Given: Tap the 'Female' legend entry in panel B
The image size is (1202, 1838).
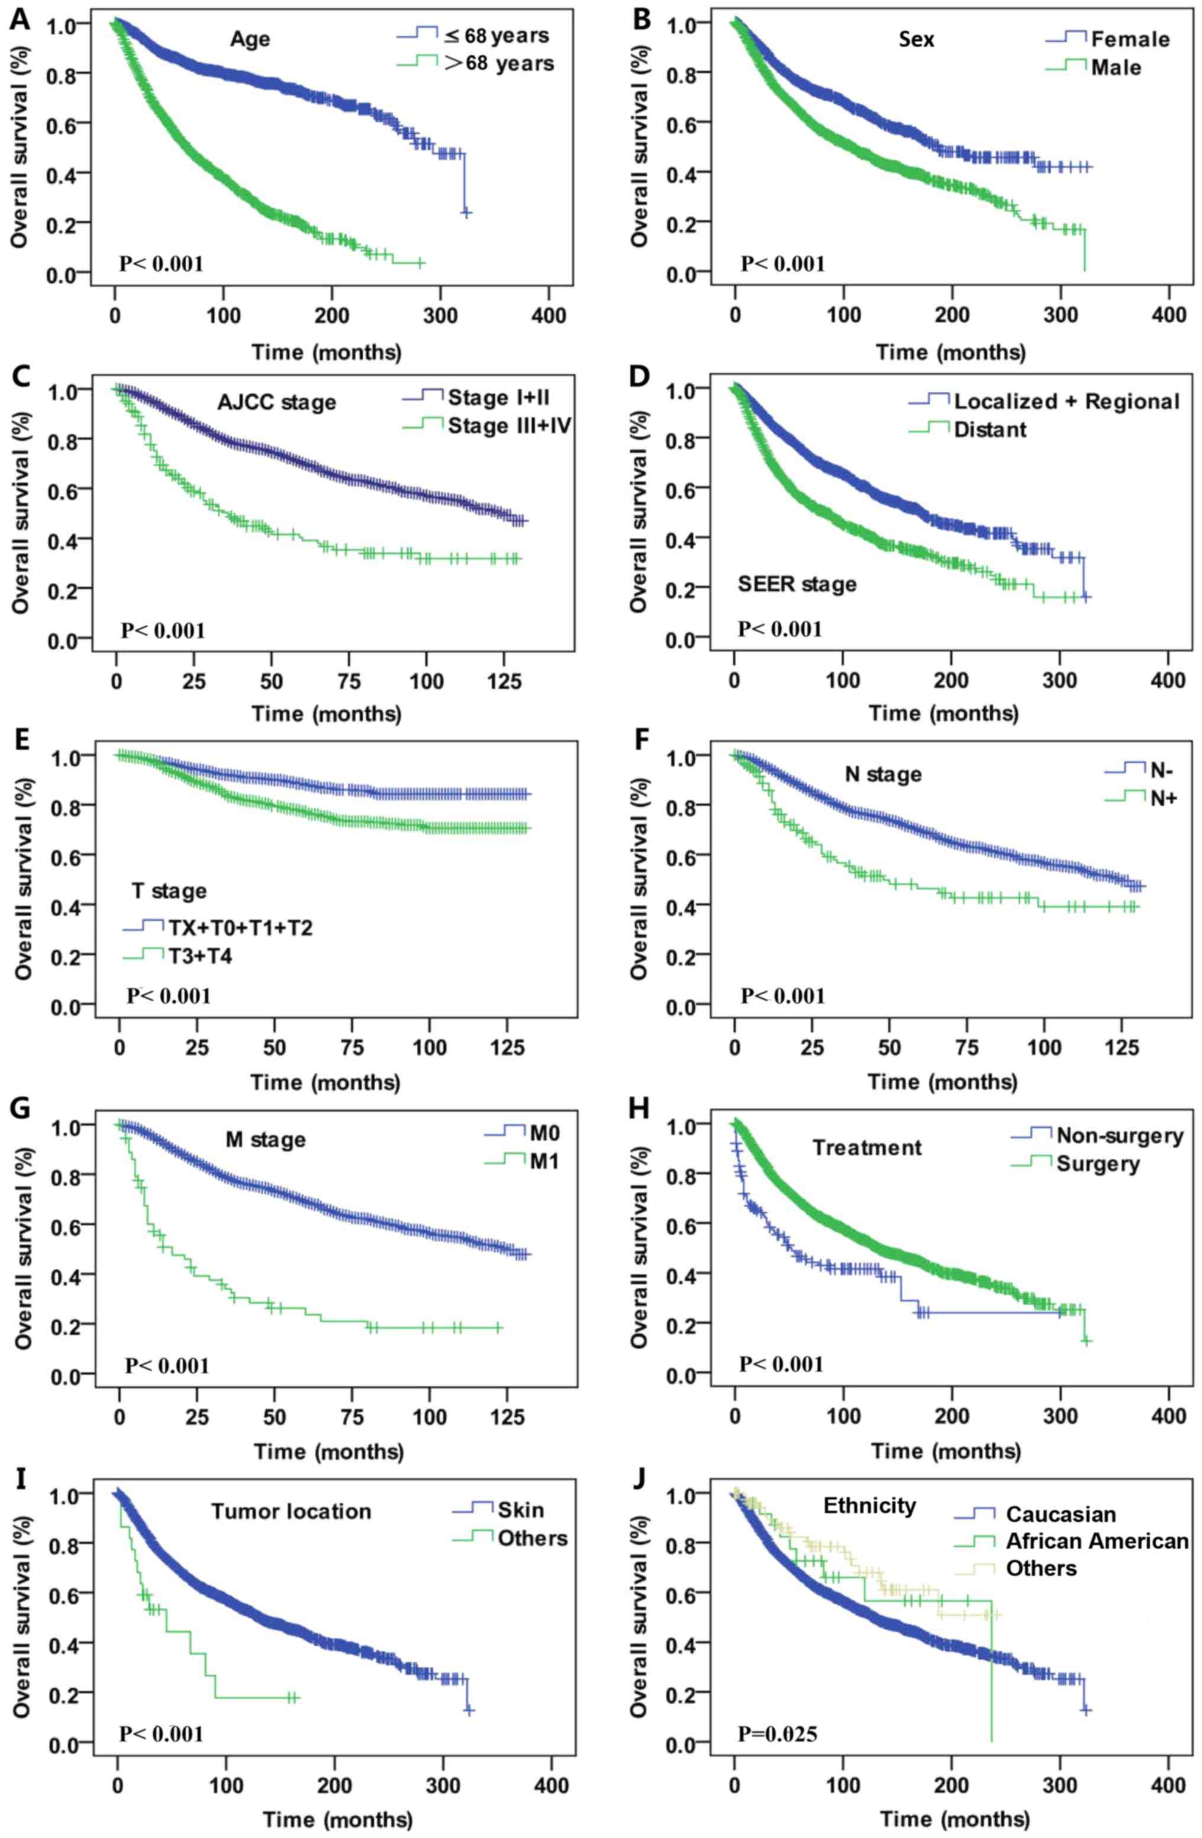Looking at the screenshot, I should [1129, 40].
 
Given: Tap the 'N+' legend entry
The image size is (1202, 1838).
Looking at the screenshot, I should [1162, 799].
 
